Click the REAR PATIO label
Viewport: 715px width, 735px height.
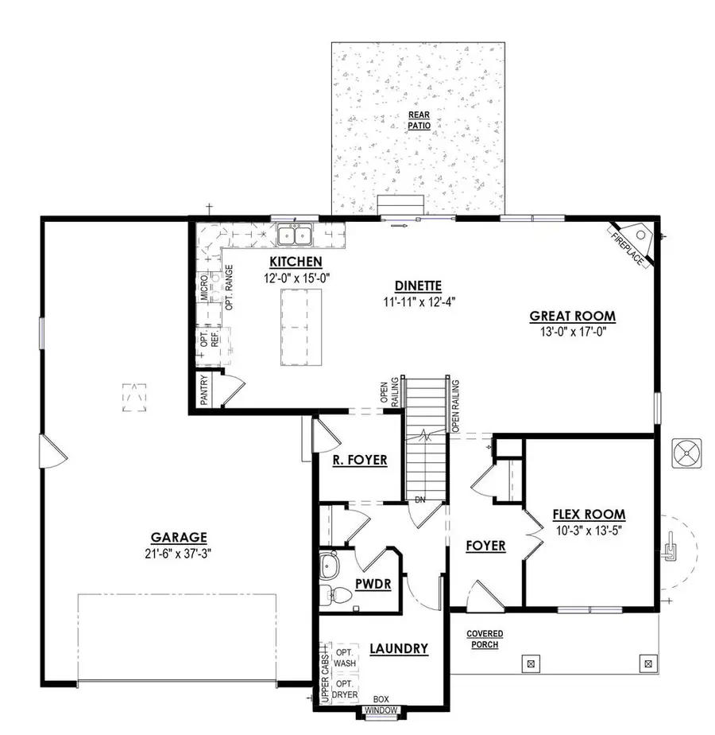tap(418, 120)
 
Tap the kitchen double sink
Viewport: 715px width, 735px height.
tap(295, 235)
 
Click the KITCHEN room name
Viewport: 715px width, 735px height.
tap(296, 262)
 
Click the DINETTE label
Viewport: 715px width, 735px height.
tap(418, 286)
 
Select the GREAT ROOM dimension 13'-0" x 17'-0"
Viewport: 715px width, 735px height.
tap(573, 332)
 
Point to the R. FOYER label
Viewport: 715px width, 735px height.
tap(359, 460)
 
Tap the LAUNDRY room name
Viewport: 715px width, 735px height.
tap(399, 649)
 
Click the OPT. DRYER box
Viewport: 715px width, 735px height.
tap(344, 689)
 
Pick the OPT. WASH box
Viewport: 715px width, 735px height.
tap(345, 657)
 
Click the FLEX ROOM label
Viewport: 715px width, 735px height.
tap(589, 515)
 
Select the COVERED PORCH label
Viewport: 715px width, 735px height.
tap(484, 639)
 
